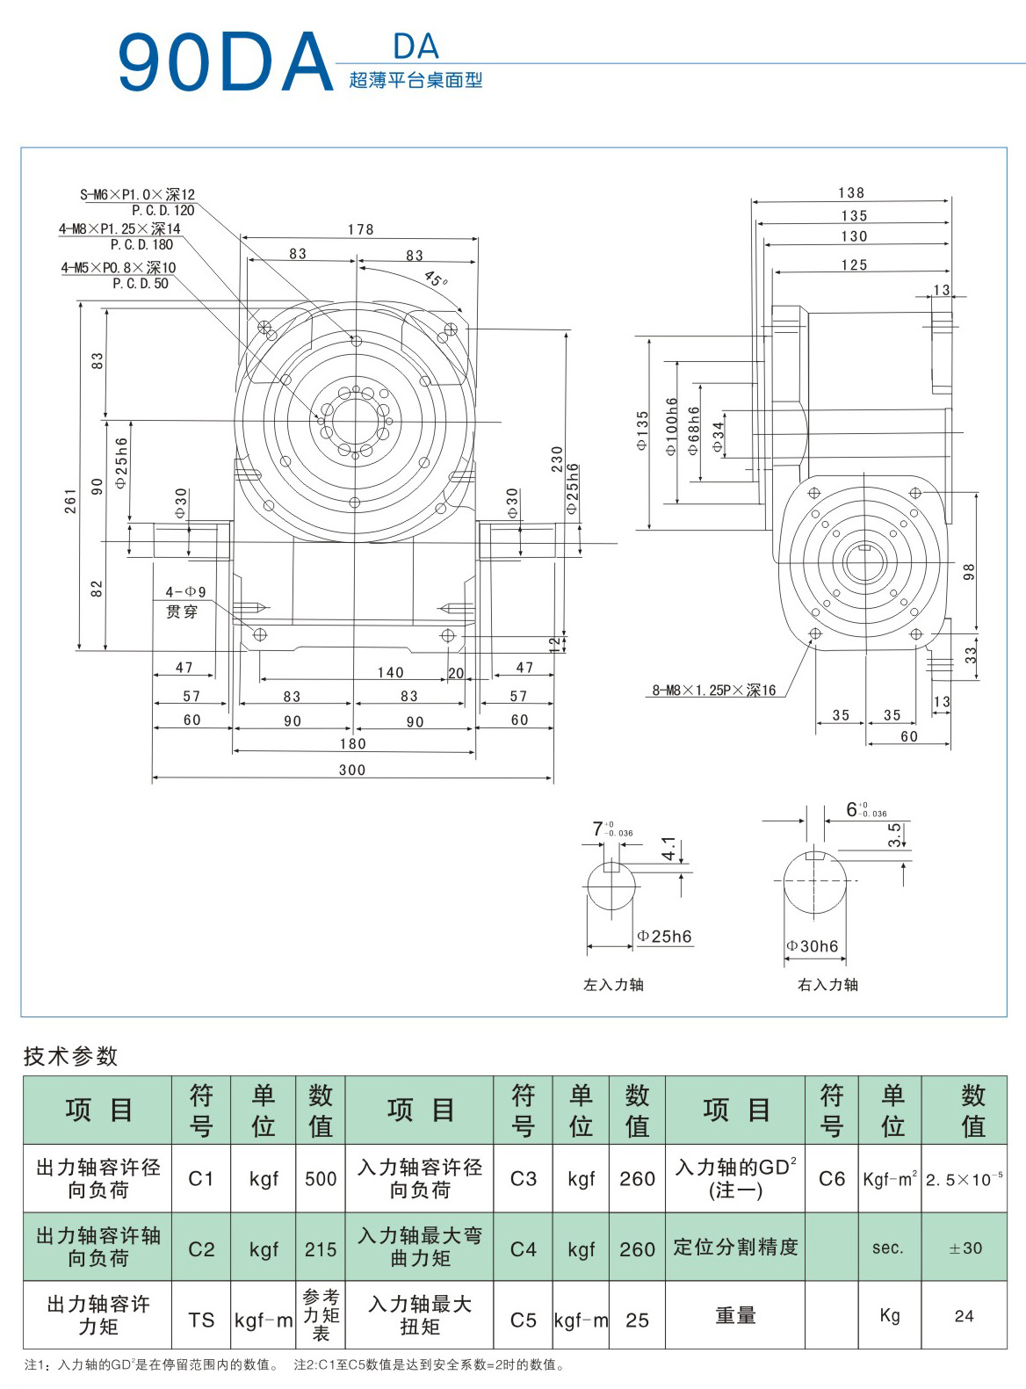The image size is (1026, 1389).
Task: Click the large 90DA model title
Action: click(x=225, y=63)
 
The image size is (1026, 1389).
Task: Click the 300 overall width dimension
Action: click(x=352, y=770)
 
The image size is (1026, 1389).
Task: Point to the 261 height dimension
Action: click(x=70, y=501)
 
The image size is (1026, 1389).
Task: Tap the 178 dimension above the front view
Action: click(x=360, y=229)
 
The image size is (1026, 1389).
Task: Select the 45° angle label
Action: click(x=436, y=279)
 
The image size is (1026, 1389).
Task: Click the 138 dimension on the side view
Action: click(x=851, y=192)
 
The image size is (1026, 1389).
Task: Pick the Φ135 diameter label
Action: click(x=642, y=430)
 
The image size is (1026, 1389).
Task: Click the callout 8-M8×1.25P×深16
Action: click(x=713, y=691)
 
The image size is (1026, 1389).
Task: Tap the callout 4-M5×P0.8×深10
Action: click(x=119, y=267)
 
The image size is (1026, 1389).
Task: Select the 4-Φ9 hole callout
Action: click(x=185, y=592)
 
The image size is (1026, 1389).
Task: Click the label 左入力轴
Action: click(x=613, y=985)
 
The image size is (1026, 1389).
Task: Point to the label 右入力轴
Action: click(x=827, y=985)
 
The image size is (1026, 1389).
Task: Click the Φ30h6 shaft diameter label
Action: click(x=813, y=946)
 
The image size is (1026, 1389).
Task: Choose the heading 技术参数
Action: click(x=70, y=1056)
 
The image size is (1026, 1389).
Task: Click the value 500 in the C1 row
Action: click(x=321, y=1179)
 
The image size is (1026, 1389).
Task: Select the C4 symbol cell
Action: click(x=524, y=1248)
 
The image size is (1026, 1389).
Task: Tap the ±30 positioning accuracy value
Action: click(x=965, y=1248)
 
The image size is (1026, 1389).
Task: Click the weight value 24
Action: click(x=964, y=1316)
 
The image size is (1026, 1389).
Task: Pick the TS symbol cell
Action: click(x=201, y=1320)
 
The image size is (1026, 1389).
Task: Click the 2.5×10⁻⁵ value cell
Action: click(x=964, y=1179)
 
